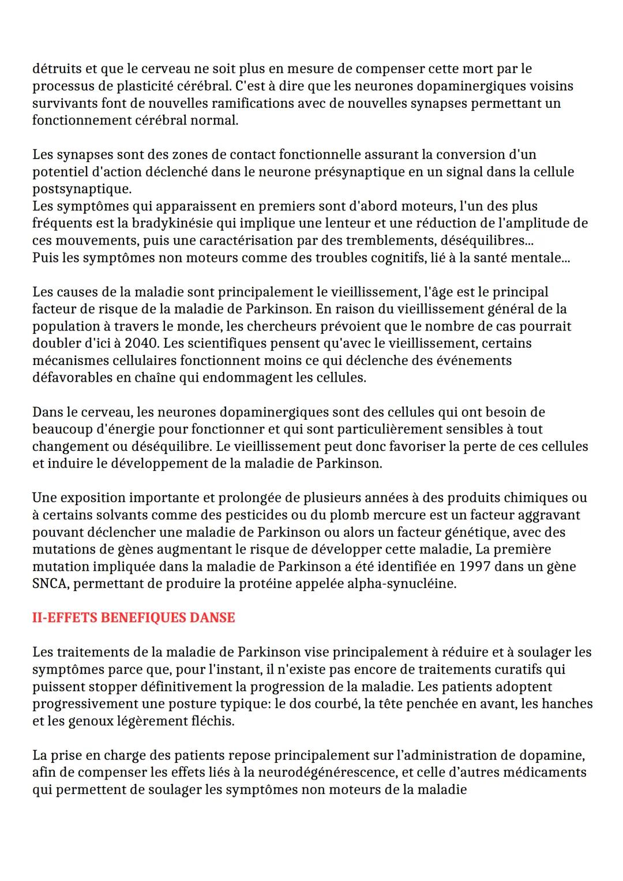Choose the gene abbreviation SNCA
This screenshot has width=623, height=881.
pyautogui.click(x=51, y=583)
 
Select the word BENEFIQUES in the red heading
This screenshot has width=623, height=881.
pyautogui.click(x=137, y=618)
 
